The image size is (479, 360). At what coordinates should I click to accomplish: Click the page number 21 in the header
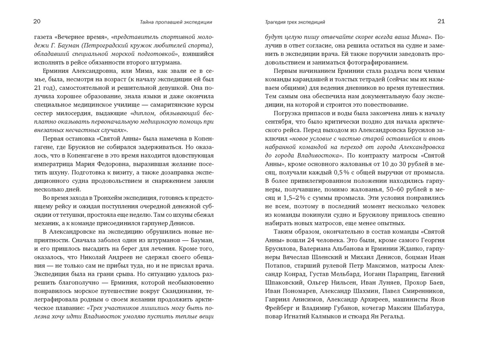click(x=441, y=21)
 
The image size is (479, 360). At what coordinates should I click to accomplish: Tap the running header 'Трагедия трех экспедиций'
click(x=295, y=22)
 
